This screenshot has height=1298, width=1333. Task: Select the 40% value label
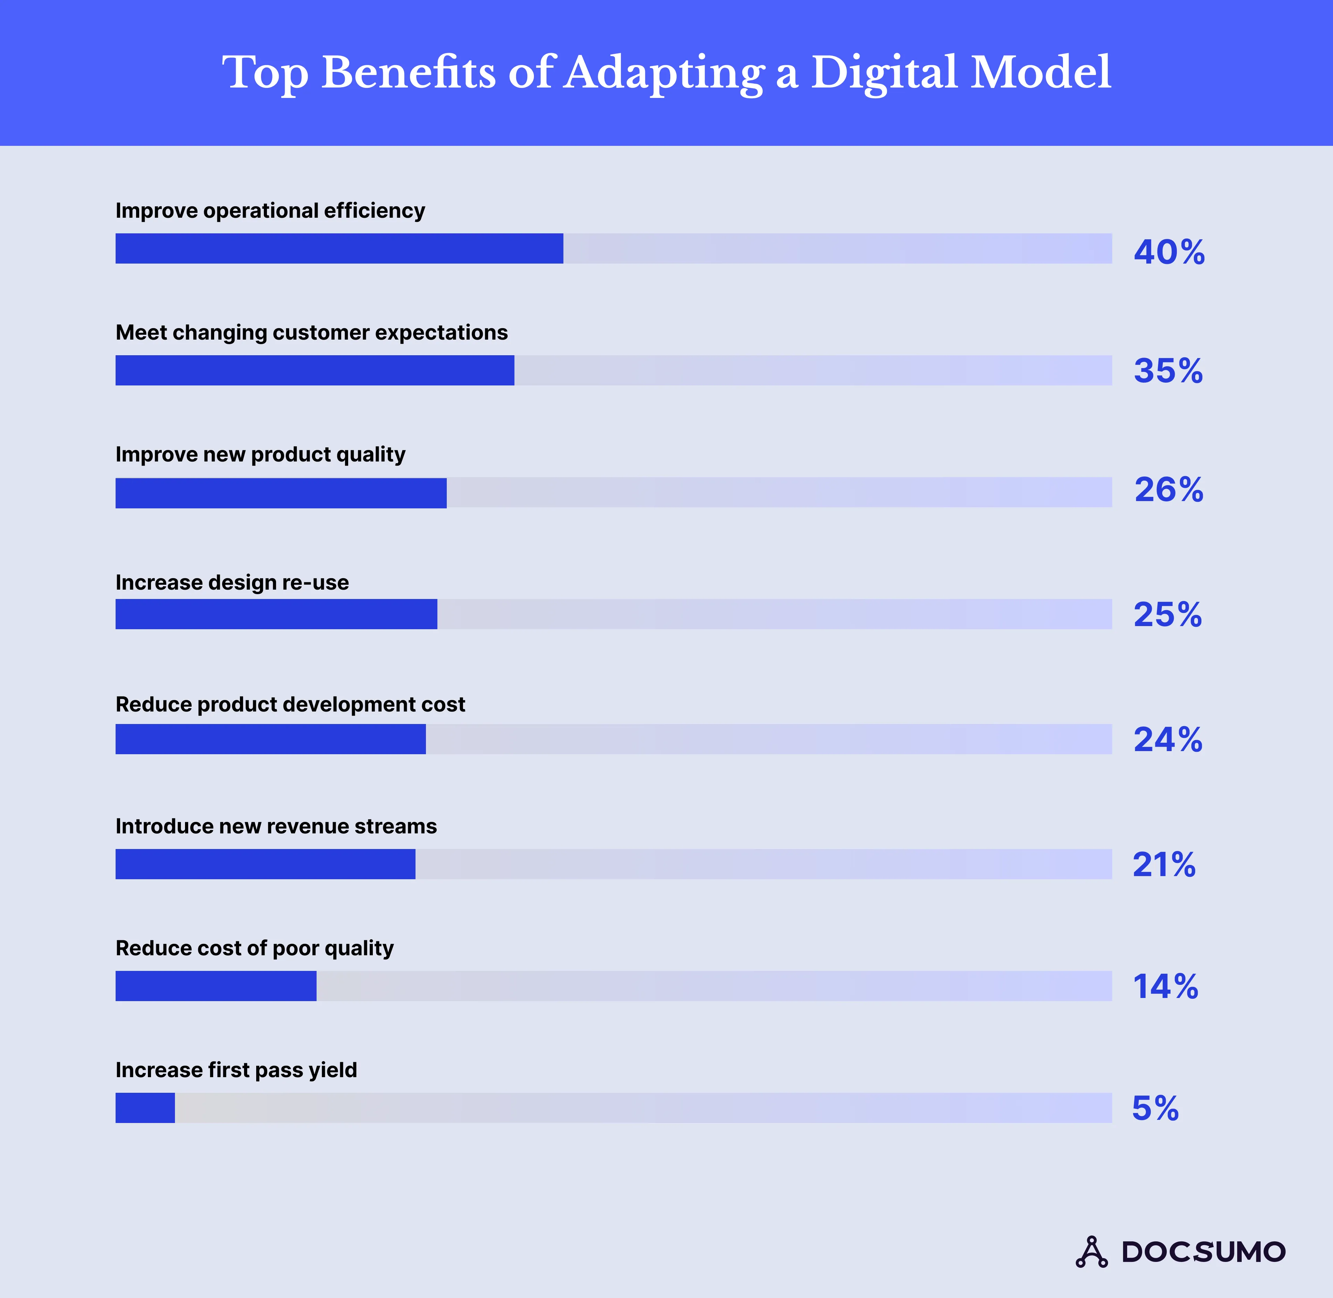coord(1169,252)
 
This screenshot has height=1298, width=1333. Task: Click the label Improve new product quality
coord(260,454)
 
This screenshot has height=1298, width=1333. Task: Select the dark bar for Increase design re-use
coord(276,614)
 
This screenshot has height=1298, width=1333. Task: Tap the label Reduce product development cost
coord(290,704)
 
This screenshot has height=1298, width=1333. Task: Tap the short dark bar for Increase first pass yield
coord(145,1108)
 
